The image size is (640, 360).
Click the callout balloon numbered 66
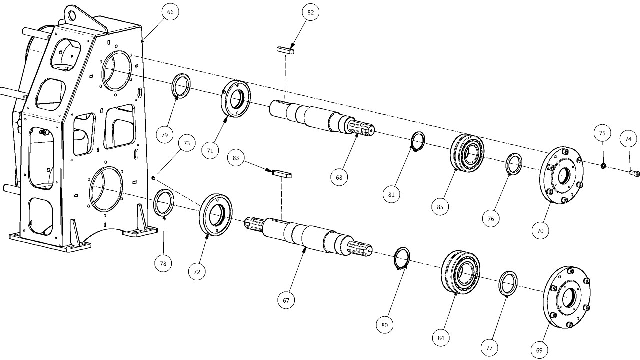[170, 12]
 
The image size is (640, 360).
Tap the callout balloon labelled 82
[310, 12]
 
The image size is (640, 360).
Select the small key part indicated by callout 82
[285, 50]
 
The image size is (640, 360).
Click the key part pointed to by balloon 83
[282, 174]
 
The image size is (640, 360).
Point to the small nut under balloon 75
[603, 166]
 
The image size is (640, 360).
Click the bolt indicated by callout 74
[634, 173]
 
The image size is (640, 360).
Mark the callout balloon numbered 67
[286, 300]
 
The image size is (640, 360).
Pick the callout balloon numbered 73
[187, 143]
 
